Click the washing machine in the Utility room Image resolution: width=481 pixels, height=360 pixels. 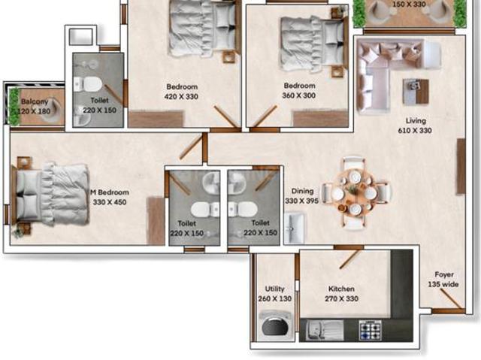click(x=271, y=327)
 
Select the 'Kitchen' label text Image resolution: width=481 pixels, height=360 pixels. click(x=341, y=289)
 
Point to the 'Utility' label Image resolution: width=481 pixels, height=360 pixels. click(x=274, y=289)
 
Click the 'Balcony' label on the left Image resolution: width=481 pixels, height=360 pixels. click(x=35, y=101)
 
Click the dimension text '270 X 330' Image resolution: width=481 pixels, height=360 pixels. click(x=341, y=298)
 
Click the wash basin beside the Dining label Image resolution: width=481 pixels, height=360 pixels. click(x=294, y=223)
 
